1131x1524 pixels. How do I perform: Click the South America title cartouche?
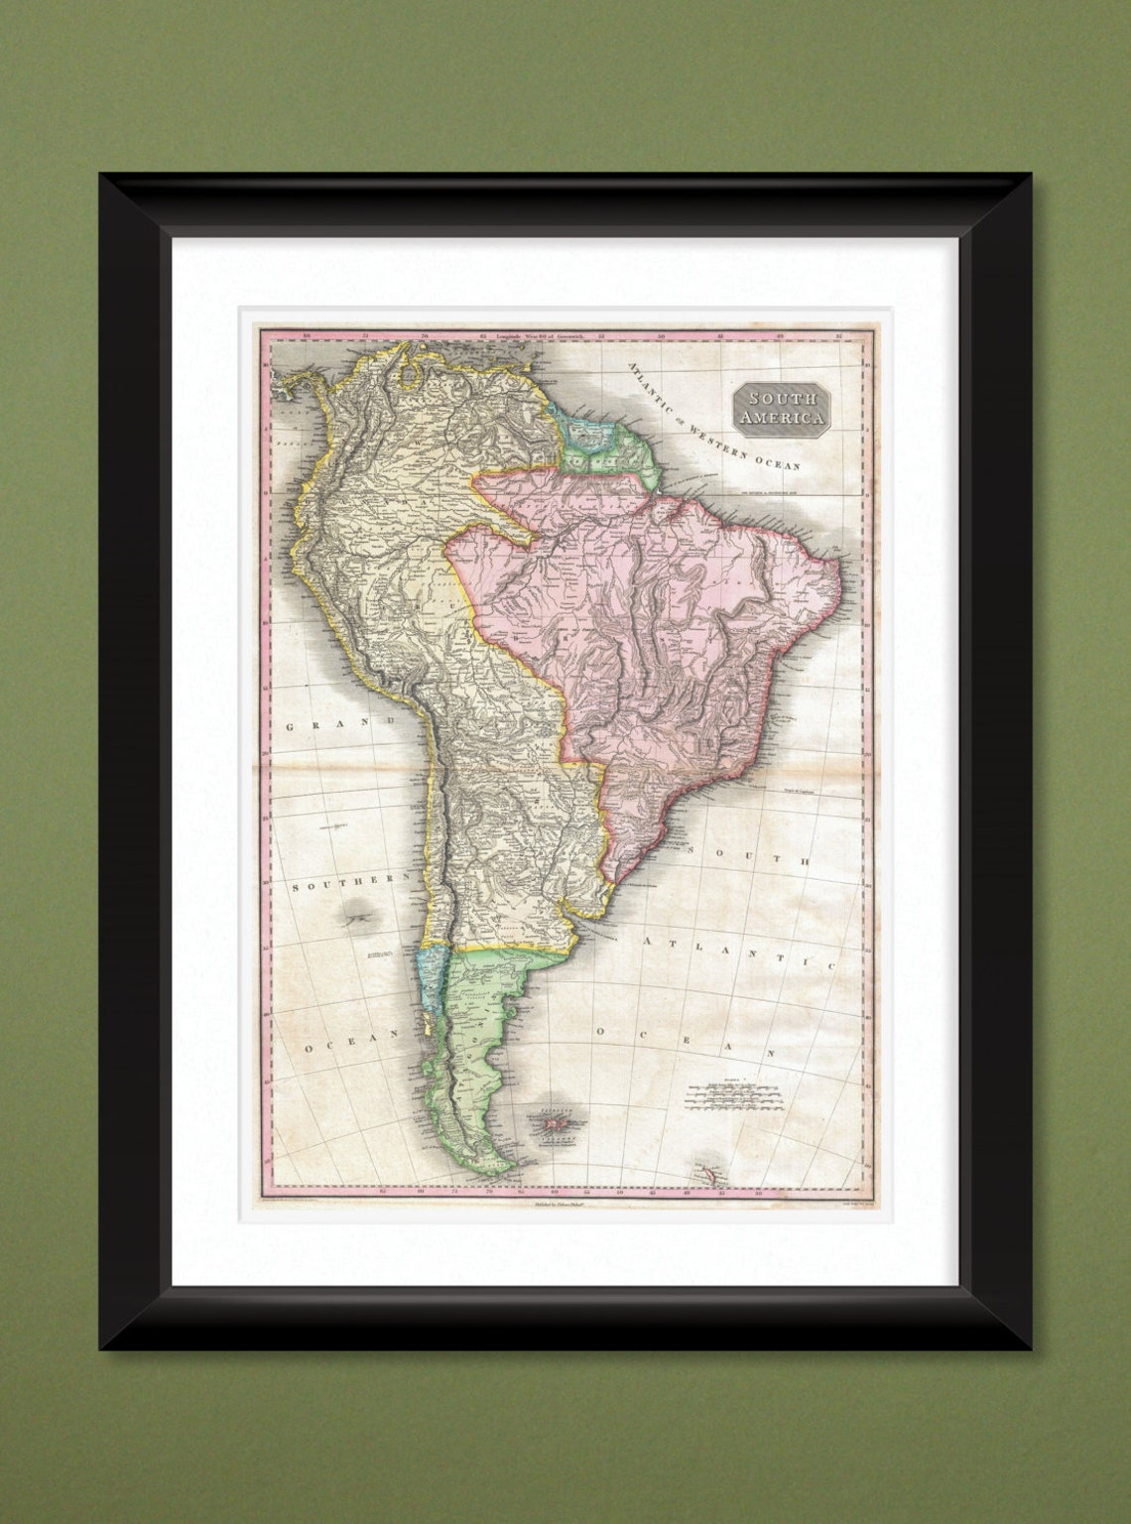click(x=781, y=407)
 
